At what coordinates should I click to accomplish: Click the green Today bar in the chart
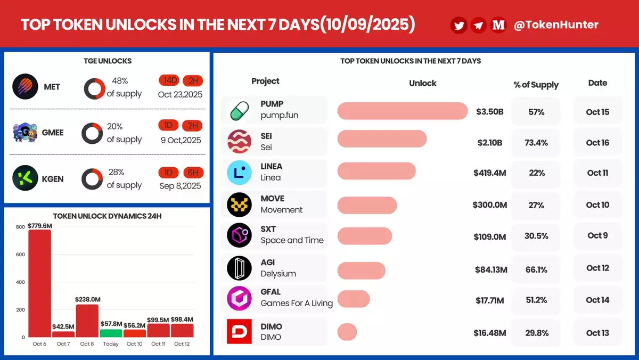coord(111,333)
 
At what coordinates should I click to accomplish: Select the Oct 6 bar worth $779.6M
coord(39,283)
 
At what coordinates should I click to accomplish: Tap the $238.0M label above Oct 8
coord(87,299)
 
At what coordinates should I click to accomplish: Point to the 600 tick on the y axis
coord(20,255)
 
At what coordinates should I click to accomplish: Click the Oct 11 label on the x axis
coord(158,343)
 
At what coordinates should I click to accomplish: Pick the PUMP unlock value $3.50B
coord(489,111)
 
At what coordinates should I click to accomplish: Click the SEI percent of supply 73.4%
coord(536,143)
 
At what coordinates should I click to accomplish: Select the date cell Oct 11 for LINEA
coord(597,173)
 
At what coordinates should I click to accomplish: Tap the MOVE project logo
coord(239,204)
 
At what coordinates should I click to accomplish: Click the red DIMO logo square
coord(239,331)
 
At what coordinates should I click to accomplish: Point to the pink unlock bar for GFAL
coord(354,299)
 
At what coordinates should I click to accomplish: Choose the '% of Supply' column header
coord(536,85)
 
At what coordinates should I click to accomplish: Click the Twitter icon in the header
coord(458,25)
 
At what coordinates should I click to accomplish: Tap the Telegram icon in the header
coord(478,25)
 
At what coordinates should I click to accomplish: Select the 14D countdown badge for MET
coord(169,80)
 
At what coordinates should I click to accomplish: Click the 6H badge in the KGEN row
coord(193,173)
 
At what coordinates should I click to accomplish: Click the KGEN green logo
coord(25,178)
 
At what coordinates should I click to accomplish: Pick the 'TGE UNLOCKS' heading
coord(108,61)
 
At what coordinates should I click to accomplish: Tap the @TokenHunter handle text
coord(556,25)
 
